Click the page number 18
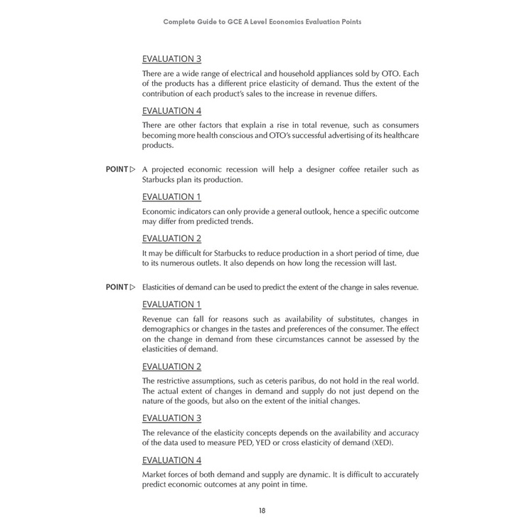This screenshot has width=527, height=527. [262, 511]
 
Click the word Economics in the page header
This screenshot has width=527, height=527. [278, 21]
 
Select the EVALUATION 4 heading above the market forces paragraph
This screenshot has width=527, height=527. [171, 460]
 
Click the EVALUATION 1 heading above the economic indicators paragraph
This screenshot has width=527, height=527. [171, 196]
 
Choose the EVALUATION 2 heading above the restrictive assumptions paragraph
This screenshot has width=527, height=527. [171, 366]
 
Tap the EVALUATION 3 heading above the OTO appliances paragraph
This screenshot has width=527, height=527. [171, 58]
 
